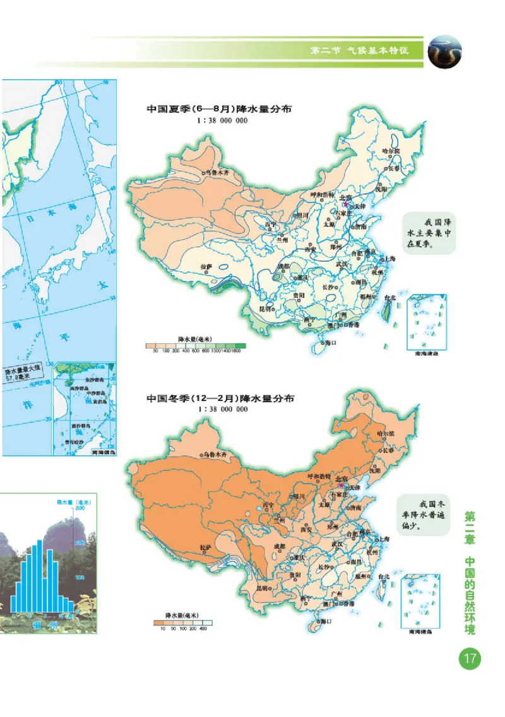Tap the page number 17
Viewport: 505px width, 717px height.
469,660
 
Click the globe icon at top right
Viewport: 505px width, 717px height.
445,51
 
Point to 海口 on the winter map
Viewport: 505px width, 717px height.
327,621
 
